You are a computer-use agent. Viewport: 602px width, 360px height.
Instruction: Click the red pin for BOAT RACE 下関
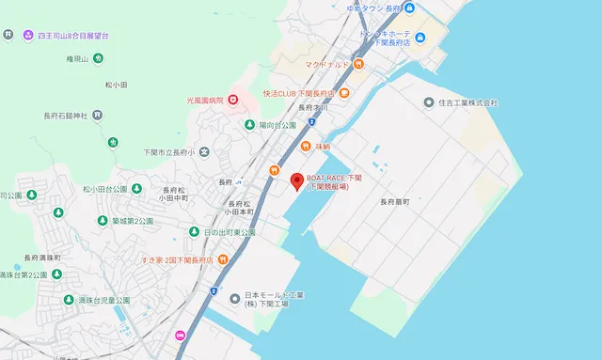click(x=296, y=181)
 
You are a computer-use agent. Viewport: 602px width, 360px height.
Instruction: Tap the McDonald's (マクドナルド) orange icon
click(x=359, y=64)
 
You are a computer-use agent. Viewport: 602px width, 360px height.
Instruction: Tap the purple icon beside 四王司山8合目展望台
click(x=27, y=35)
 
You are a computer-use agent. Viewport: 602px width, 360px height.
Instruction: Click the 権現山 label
click(x=78, y=58)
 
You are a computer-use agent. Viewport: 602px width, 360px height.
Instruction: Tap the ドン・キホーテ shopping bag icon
click(x=421, y=38)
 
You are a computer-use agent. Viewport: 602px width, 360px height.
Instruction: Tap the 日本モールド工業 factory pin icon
click(x=235, y=299)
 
